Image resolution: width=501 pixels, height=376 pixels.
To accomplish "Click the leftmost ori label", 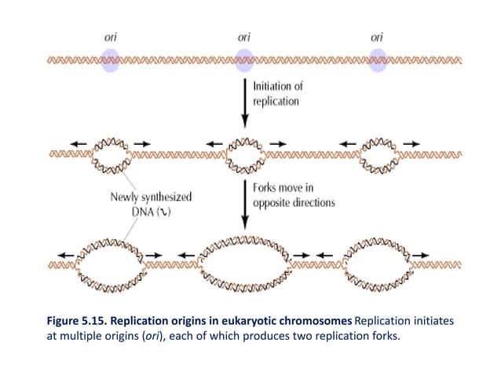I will click(111, 36).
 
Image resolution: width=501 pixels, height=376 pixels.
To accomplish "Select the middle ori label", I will click(243, 36).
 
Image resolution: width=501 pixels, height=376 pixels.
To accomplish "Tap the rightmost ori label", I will click(378, 36).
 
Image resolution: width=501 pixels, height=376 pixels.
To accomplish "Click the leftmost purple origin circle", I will click(111, 60).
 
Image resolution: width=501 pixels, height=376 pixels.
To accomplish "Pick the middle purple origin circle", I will click(243, 60).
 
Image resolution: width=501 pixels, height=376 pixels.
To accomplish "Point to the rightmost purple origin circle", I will click(378, 60).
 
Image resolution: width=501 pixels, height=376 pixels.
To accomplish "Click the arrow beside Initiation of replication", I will click(244, 102).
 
